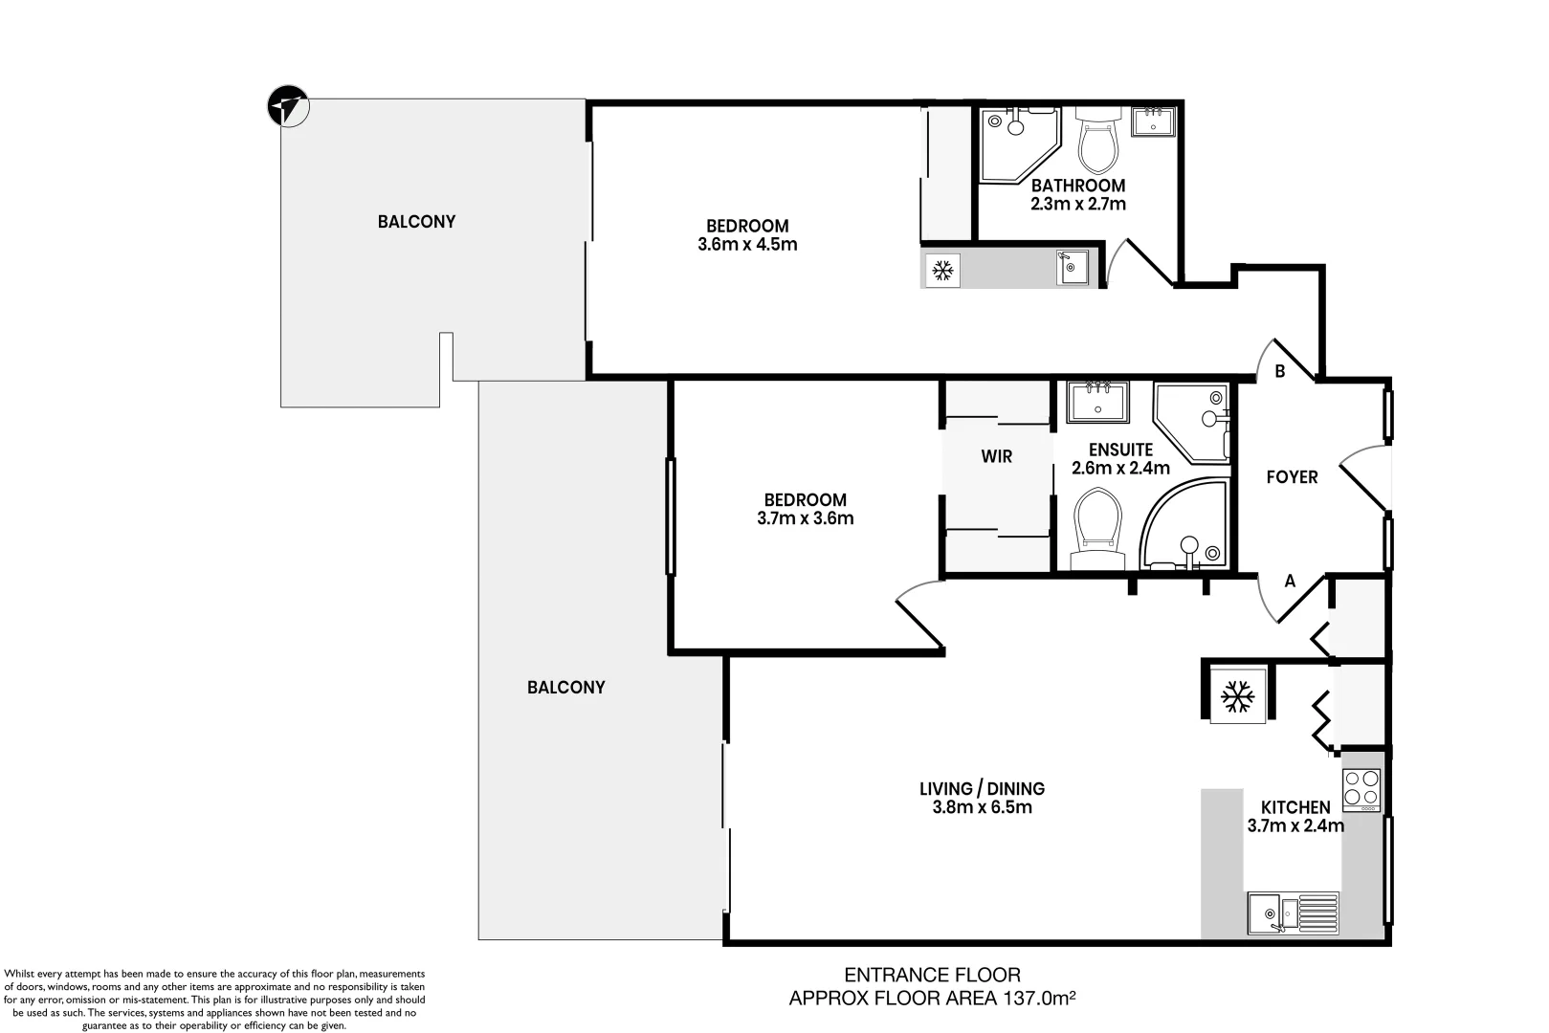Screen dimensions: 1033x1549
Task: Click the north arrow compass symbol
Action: tap(288, 105)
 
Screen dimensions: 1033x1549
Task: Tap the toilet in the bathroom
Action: tap(1098, 141)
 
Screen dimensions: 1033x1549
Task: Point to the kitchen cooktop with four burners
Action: tap(1361, 790)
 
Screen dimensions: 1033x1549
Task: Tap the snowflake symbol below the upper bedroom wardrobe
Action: tap(942, 271)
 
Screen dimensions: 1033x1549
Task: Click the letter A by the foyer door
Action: tap(1290, 581)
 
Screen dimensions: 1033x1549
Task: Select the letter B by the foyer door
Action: tap(1280, 372)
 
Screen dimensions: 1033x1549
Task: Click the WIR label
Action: tap(996, 456)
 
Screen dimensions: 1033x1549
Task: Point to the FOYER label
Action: tap(1292, 476)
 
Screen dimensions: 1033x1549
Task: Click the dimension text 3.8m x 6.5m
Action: tap(982, 807)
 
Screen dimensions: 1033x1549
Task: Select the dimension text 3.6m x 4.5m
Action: tap(747, 244)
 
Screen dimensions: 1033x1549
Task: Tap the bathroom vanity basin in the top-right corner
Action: tap(1154, 121)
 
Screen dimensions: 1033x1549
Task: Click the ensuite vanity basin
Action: tap(1098, 402)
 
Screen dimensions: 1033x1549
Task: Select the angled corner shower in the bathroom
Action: tap(1017, 142)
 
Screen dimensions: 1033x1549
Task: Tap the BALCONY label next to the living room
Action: tap(565, 687)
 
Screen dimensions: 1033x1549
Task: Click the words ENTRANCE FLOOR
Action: tap(932, 975)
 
